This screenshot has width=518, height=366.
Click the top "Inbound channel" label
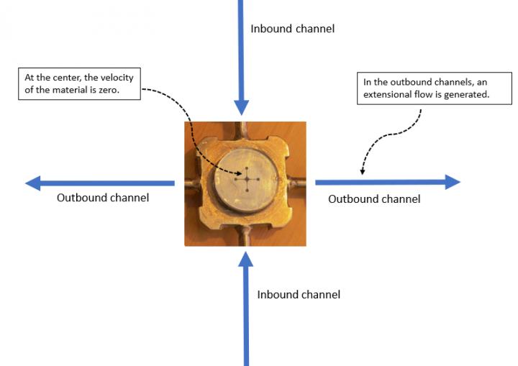[x=292, y=29]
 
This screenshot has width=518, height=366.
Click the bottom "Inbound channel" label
[x=299, y=295]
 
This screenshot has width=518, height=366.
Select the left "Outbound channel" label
[x=103, y=198]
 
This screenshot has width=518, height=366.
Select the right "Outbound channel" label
[x=374, y=198]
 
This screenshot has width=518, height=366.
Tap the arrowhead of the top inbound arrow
[x=242, y=106]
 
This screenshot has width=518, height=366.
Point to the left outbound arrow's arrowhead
[x=33, y=183]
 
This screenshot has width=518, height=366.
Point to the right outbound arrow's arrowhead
[x=452, y=182]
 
